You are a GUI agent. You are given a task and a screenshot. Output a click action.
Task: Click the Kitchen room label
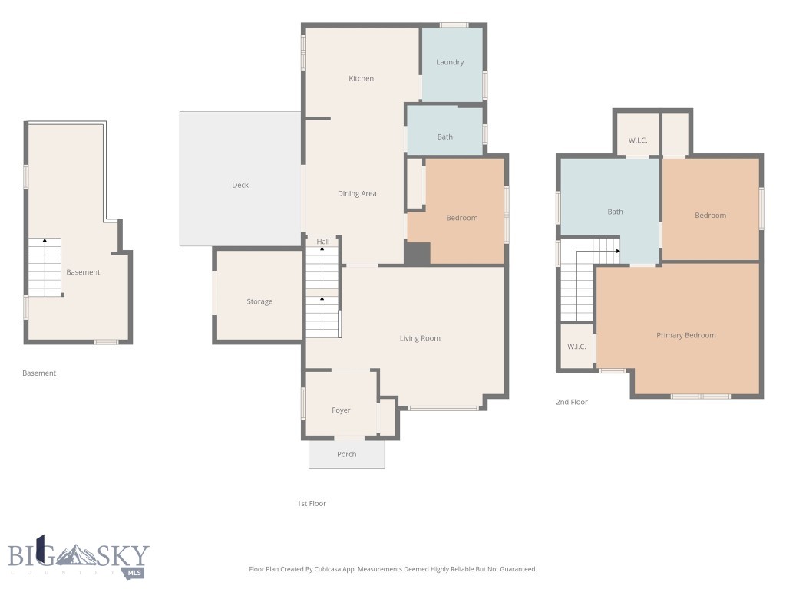pyautogui.click(x=361, y=78)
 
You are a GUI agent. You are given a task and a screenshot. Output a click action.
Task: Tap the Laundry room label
pyautogui.click(x=450, y=62)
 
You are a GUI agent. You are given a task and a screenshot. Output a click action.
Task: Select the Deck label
pyautogui.click(x=240, y=185)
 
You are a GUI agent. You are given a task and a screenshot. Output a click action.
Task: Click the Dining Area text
pyautogui.click(x=357, y=193)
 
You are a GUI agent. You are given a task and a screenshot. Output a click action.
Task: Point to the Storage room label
pyautogui.click(x=259, y=301)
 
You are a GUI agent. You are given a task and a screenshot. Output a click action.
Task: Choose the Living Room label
pyautogui.click(x=420, y=337)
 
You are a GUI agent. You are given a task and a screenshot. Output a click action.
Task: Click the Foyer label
pyautogui.click(x=341, y=410)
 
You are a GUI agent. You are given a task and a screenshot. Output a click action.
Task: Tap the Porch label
pyautogui.click(x=346, y=454)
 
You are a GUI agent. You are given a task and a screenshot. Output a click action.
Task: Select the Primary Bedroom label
pyautogui.click(x=685, y=335)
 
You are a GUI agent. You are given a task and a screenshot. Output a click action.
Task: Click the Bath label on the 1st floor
pyautogui.click(x=444, y=137)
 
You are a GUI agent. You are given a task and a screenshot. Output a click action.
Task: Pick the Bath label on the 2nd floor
pyautogui.click(x=615, y=212)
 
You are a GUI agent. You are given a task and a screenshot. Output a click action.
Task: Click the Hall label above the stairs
pyautogui.click(x=323, y=242)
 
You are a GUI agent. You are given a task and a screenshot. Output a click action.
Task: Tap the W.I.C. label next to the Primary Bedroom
pyautogui.click(x=576, y=347)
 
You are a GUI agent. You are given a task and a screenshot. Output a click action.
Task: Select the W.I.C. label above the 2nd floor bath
pyautogui.click(x=637, y=140)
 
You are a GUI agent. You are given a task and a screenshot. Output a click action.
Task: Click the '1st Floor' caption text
pyautogui.click(x=312, y=503)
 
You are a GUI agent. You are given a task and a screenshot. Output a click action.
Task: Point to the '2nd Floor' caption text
pyautogui.click(x=572, y=401)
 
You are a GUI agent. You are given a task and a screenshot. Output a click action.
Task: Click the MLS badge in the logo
pyautogui.click(x=135, y=571)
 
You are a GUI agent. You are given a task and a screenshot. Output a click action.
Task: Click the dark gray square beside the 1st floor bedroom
pyautogui.click(x=417, y=254)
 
